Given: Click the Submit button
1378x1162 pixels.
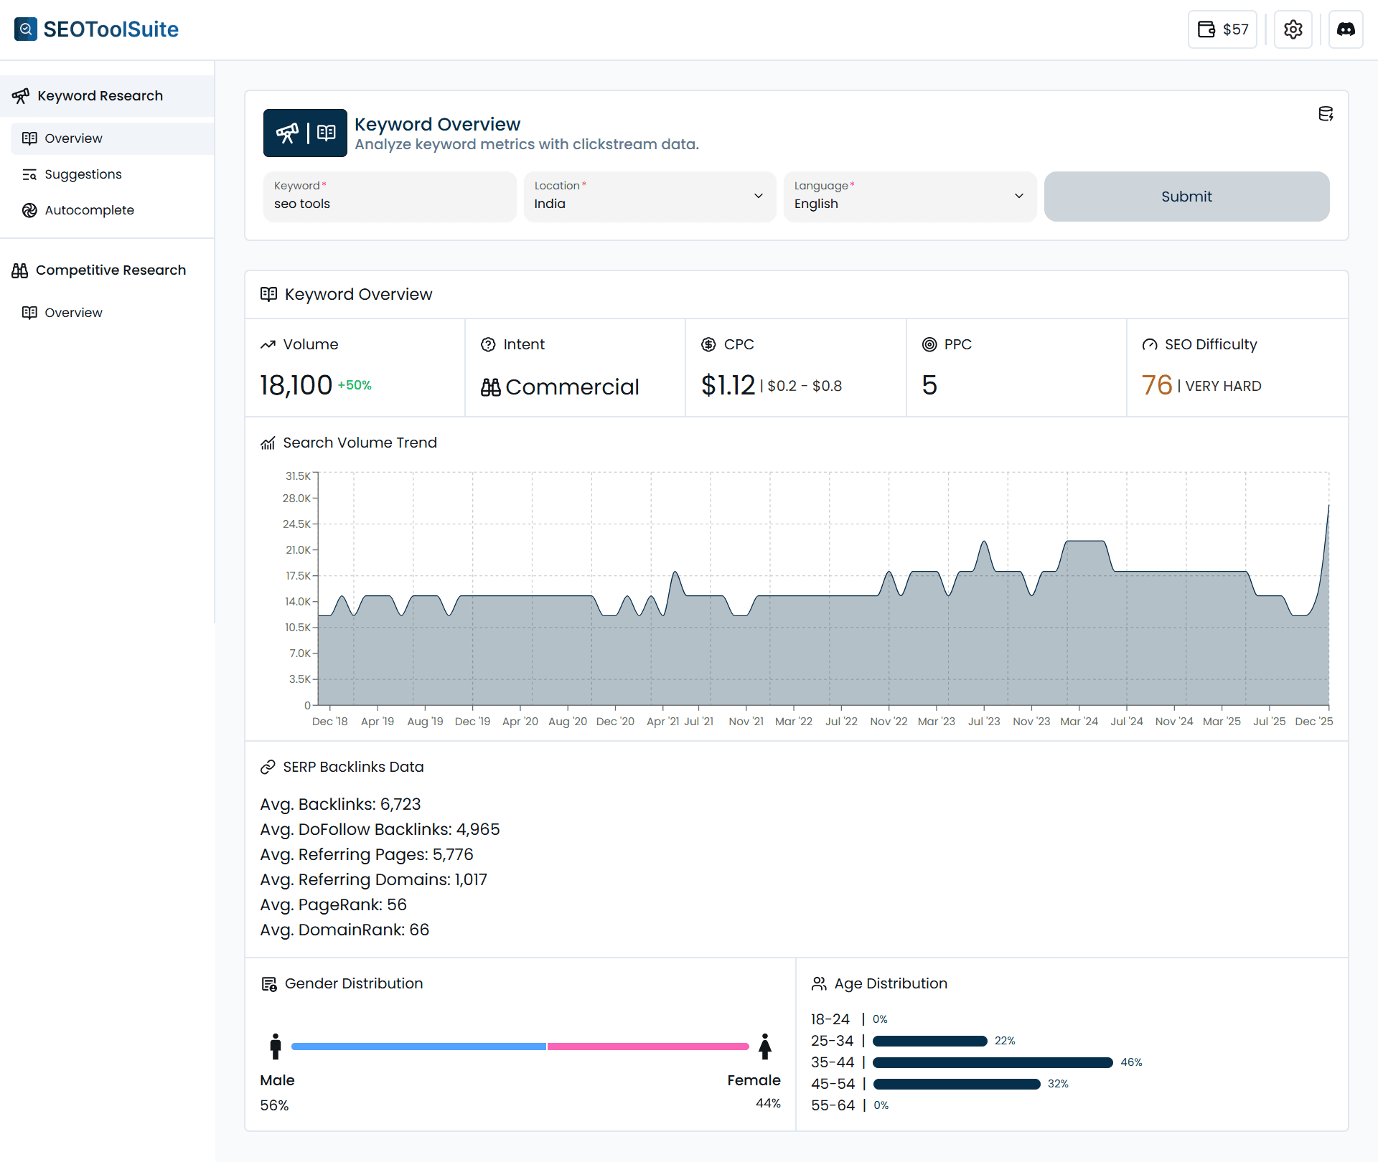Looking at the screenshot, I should point(1186,197).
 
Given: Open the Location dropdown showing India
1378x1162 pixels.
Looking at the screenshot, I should point(649,197).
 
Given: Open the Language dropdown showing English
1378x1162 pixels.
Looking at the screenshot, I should point(909,197).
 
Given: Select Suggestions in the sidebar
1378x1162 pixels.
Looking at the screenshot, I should point(83,174).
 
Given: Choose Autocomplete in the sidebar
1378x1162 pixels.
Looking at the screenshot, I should point(89,210).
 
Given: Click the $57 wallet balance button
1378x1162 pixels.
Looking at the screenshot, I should point(1222,29).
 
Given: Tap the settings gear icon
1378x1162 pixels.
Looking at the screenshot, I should point(1293,29).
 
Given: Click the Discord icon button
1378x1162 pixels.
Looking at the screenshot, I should point(1345,29).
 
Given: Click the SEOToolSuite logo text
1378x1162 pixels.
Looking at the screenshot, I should point(111,29).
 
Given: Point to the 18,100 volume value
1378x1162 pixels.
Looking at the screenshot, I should point(296,385).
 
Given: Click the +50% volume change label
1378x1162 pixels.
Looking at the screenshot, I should point(355,385).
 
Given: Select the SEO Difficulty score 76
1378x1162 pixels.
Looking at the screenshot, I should point(1156,385).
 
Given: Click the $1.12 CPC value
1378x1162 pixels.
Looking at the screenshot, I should point(728,385).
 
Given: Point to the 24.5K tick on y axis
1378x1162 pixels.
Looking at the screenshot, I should point(297,524).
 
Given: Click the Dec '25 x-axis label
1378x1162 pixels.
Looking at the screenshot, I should point(1313,722).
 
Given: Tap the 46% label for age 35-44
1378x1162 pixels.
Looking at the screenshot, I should point(1131,1062).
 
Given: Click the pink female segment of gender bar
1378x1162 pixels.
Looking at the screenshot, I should point(647,1047).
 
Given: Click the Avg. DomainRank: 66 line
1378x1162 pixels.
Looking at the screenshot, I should point(344,930).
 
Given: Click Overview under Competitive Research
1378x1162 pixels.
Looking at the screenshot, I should point(73,313).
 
